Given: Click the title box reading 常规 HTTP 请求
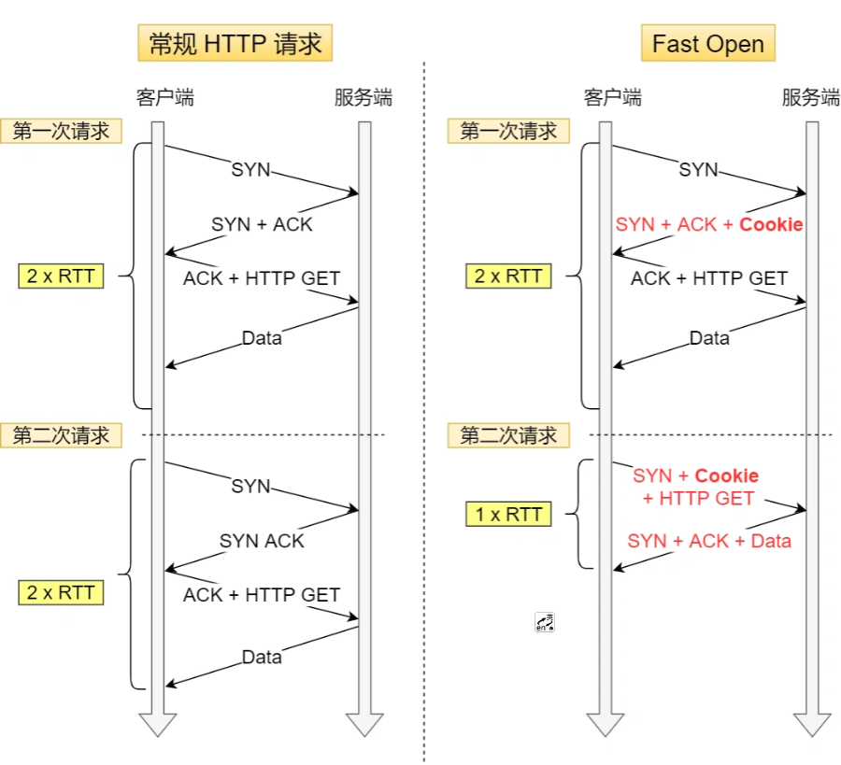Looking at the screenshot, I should point(235,44).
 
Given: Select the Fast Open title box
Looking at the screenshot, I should point(707,44).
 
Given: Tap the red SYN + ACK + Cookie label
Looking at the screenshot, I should point(709,225).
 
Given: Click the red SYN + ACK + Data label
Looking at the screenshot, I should point(709,541).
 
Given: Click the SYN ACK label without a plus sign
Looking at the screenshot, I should point(262,541).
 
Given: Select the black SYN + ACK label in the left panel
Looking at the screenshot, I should point(262,224).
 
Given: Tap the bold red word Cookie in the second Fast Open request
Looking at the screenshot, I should point(726,476).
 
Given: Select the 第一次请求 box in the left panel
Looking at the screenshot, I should point(61,131).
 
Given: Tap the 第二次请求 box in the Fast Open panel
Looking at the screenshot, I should point(508,435).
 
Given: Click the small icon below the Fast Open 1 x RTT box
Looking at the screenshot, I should point(545,623).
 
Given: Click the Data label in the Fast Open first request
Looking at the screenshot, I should point(709,338).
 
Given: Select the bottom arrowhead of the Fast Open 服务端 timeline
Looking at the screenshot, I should point(812,725).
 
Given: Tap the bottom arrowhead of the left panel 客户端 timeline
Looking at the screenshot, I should point(158,725).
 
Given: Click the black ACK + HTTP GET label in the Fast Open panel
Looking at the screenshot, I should point(709,278).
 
